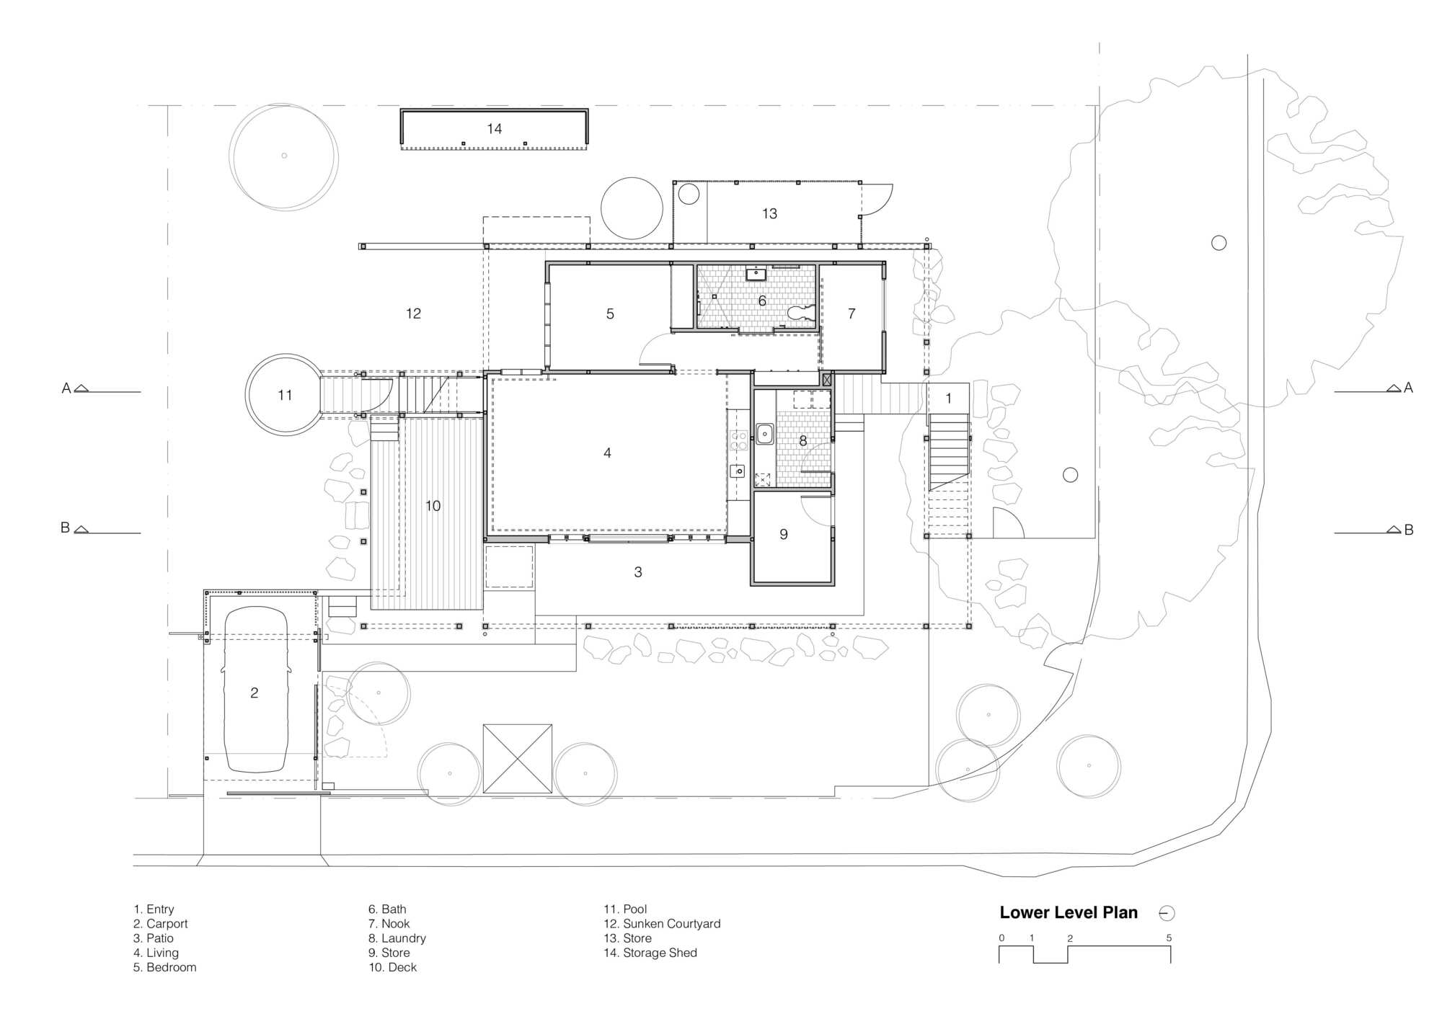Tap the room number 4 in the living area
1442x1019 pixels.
coord(607,453)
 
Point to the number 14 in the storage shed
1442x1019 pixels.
coord(494,129)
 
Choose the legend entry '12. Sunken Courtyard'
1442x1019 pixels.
coord(662,924)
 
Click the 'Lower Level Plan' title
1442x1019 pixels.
coord(1069,912)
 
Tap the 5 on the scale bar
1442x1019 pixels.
coord(1169,938)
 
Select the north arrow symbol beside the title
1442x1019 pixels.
coord(1167,914)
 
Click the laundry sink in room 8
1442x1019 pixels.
coord(764,434)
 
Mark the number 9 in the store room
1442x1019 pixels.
coord(784,535)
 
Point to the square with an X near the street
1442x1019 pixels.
coord(517,759)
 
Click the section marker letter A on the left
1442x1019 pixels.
coord(66,388)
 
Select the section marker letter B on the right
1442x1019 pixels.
coord(1409,530)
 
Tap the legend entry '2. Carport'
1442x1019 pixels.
coord(160,924)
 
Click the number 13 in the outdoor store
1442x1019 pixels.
coord(769,214)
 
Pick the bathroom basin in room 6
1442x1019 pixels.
coord(756,274)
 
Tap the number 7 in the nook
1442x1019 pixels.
coord(852,314)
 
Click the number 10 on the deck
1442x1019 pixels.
coord(433,506)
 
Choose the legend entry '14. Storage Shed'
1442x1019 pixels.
coord(650,953)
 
